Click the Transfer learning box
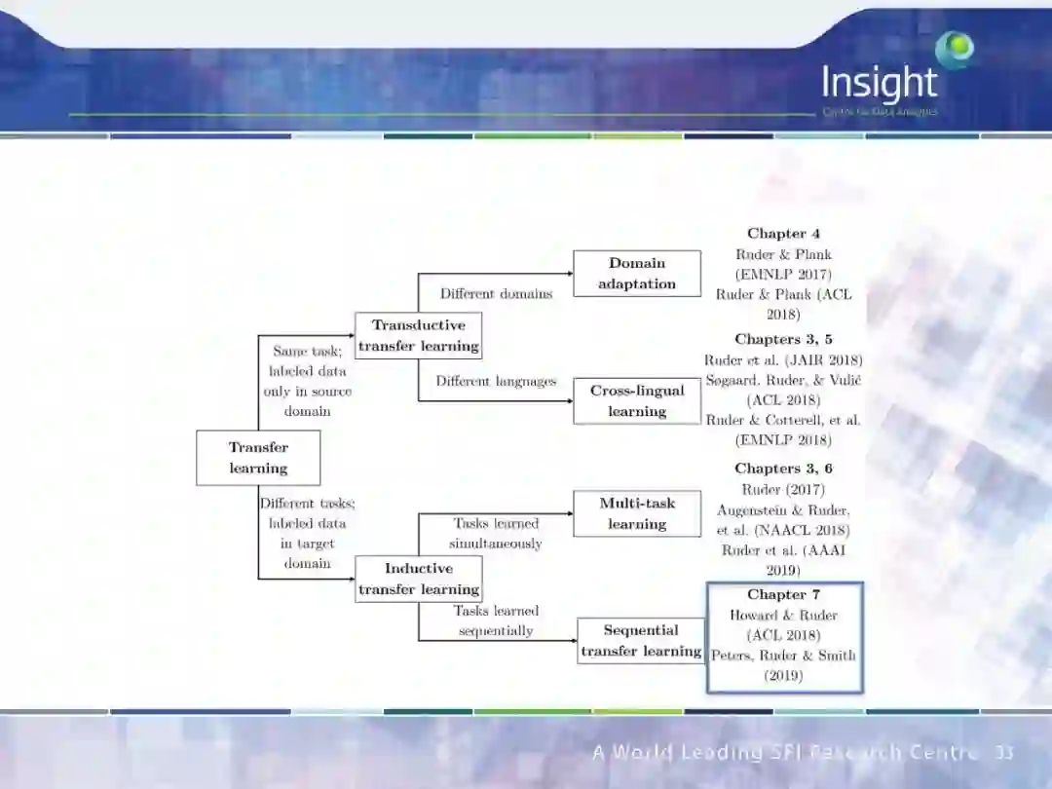[x=258, y=458]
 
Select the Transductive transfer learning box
[x=418, y=335]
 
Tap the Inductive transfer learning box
[x=418, y=579]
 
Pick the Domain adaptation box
[x=637, y=274]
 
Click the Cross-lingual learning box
[x=637, y=400]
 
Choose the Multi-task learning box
[x=637, y=513]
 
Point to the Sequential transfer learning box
[x=641, y=641]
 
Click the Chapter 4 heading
[x=783, y=234]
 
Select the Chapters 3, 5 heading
[x=783, y=339]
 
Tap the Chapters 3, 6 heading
[x=783, y=469]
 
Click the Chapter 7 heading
[x=783, y=594]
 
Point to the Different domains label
[x=496, y=293]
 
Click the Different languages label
[x=496, y=381]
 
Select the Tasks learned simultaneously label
[x=496, y=533]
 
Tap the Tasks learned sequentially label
[x=496, y=620]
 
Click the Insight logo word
[x=879, y=84]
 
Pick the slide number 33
[x=1004, y=753]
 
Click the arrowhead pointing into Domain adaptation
[x=569, y=274]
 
